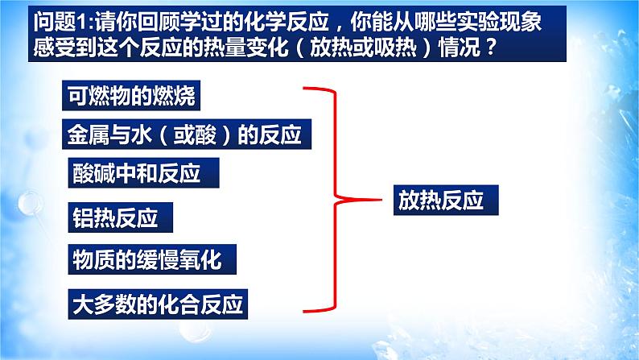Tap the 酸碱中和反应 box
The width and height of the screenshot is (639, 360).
click(x=134, y=173)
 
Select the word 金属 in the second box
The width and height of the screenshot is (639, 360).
click(x=86, y=135)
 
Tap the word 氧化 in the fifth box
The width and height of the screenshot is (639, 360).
click(x=200, y=260)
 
